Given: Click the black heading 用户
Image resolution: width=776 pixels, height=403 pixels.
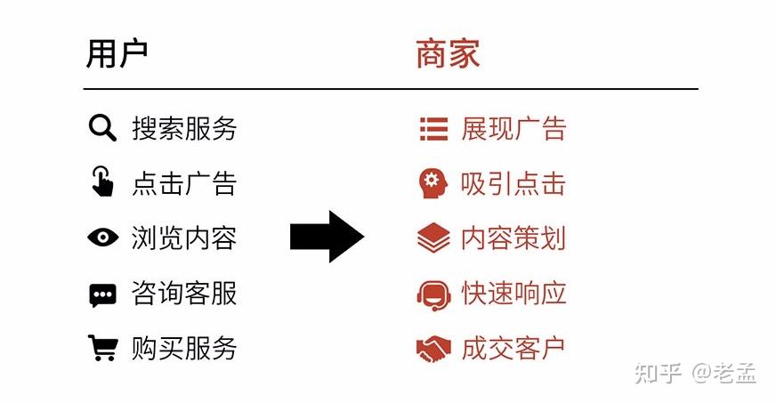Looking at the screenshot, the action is coord(117,54).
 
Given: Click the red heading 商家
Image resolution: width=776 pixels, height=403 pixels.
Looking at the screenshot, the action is coord(448,54).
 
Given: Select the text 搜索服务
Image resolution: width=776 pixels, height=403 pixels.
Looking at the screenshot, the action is coord(184,129).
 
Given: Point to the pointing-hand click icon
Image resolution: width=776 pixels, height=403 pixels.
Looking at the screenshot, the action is coord(103,182).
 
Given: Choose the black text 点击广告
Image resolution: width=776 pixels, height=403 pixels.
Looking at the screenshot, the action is coord(184,183).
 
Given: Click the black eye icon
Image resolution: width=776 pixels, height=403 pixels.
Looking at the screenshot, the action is coord(102,238).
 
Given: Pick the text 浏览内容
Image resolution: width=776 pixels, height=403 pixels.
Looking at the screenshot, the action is coord(184,238).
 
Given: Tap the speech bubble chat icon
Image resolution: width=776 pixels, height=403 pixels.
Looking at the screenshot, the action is coord(102,294).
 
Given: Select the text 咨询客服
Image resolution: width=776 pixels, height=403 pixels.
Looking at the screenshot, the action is coord(184,293).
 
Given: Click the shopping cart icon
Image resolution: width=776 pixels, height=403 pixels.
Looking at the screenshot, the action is coord(102,347).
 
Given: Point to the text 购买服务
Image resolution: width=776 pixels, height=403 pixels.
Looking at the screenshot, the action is coord(184,347).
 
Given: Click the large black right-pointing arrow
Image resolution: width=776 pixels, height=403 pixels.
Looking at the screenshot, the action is coord(327,237).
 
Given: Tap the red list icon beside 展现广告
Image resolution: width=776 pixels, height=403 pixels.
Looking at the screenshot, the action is coord(433,130).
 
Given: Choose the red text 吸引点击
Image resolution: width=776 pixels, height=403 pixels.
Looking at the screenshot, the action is coord(513,184).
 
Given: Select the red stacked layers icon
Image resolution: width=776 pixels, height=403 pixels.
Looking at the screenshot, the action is coord(433,238).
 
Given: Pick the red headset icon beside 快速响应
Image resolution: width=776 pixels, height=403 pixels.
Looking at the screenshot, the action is coord(433,294).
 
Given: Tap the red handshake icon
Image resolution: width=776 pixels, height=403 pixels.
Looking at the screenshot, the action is coord(433,349).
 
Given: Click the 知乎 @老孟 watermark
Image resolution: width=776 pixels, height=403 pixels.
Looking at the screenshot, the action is coord(695,374).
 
